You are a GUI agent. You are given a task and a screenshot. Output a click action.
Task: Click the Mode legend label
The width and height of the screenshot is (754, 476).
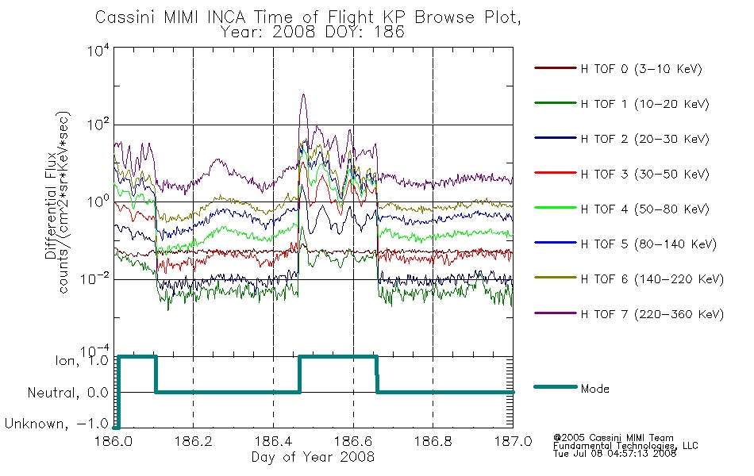pos(594,389)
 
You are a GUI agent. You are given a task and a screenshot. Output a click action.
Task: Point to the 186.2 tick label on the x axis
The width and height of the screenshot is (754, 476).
pos(194,441)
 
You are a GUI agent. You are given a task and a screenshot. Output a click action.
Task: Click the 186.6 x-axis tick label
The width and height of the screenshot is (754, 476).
pos(353,441)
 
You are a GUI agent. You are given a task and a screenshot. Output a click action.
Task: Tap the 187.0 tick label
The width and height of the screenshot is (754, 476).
pos(513,441)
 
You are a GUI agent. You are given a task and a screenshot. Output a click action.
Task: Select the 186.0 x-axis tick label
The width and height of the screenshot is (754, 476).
pos(113,441)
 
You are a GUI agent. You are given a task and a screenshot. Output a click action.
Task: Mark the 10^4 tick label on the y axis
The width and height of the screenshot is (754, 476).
pos(98,50)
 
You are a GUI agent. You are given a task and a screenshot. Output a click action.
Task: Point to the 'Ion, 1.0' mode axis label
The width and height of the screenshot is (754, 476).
pos(82,361)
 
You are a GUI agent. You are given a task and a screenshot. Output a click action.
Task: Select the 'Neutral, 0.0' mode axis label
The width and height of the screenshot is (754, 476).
pos(68,393)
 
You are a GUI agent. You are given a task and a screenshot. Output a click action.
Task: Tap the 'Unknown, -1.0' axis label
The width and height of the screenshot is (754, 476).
pos(56,424)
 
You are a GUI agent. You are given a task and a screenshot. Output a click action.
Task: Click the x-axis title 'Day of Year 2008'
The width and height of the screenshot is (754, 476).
pos(313,457)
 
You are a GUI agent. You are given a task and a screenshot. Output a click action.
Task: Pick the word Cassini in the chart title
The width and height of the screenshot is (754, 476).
pos(126,17)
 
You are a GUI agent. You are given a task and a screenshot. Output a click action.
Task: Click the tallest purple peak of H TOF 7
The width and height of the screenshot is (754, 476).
pos(303,94)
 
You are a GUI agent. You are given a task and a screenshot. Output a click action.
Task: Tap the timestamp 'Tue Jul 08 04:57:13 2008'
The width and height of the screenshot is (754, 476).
pos(614,454)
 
